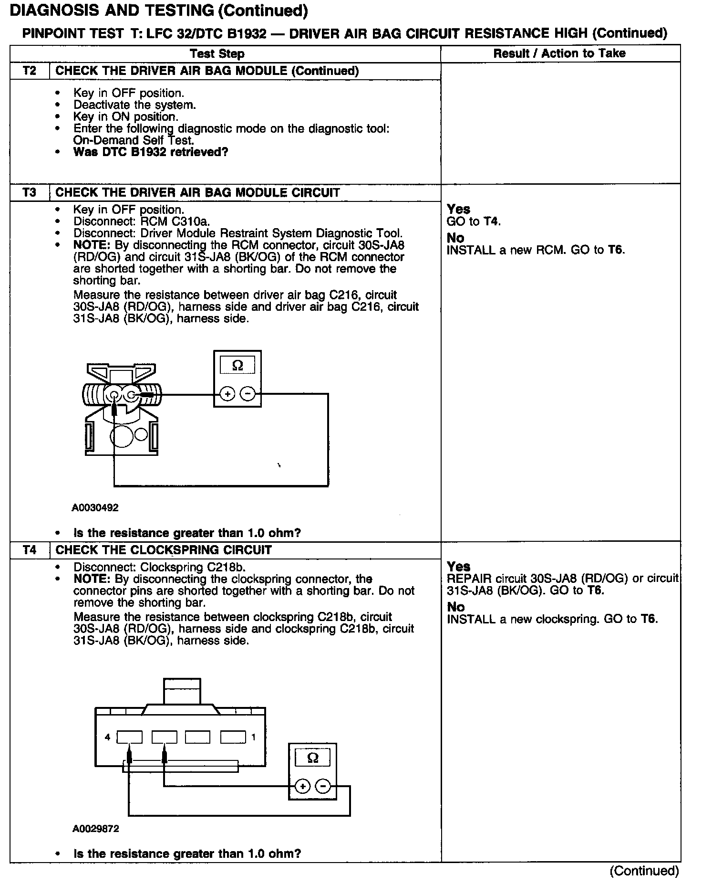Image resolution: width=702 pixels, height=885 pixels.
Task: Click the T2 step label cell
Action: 30,71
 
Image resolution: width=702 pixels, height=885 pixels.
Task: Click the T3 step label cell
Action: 30,193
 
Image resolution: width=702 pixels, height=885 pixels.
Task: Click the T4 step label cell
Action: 30,550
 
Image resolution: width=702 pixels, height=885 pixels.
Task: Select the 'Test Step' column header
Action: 217,53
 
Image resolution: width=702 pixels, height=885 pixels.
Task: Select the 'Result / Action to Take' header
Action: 559,53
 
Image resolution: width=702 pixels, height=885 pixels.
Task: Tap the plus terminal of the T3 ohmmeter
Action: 227,394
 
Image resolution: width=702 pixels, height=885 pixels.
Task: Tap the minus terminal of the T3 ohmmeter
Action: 248,394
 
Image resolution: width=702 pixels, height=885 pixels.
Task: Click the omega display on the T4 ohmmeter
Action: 312,758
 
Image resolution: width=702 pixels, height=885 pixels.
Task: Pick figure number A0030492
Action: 95,508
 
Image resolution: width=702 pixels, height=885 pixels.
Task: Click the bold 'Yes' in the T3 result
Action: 458,209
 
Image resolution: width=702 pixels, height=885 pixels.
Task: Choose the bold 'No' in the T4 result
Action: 455,607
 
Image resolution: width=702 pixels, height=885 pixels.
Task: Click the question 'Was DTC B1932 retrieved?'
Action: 151,152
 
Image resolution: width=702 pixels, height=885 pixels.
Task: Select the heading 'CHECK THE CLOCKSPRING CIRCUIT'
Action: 164,550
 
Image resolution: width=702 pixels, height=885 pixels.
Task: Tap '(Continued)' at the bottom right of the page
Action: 644,871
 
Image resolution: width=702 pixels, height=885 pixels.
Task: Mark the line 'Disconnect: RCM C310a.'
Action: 142,221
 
